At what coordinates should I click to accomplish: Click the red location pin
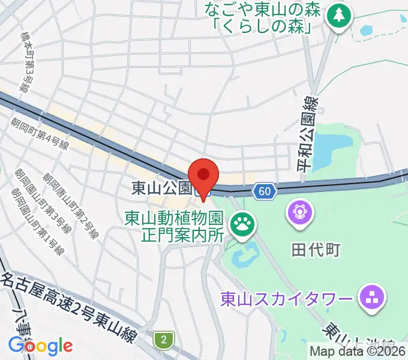(204, 175)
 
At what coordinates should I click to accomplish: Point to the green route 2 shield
(163, 340)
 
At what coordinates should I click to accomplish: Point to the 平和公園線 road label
(312, 136)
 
